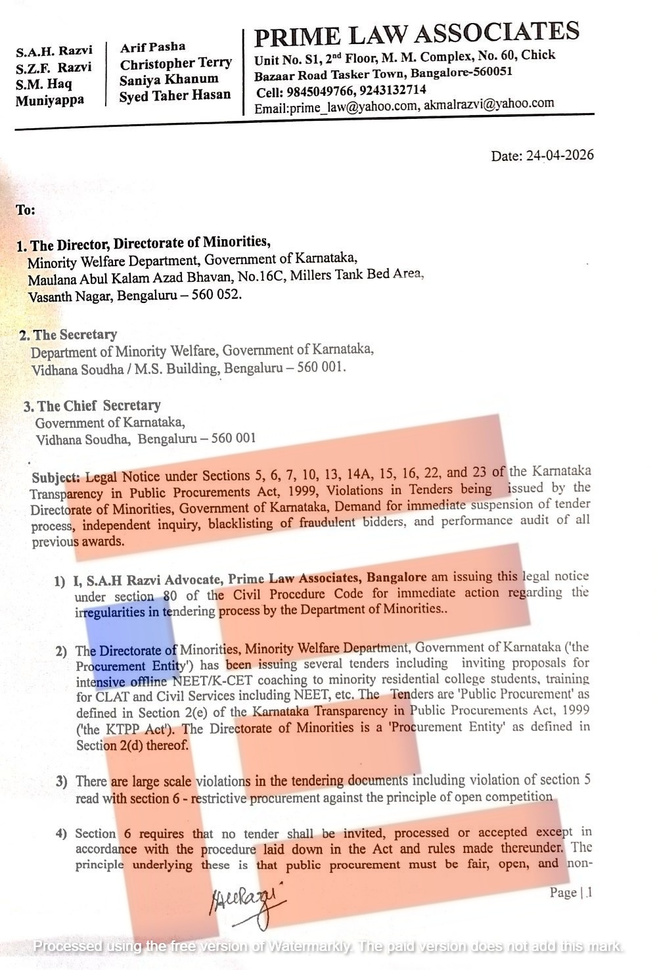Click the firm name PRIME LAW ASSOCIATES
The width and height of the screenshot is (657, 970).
(x=417, y=34)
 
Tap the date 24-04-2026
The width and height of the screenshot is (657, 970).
(x=559, y=155)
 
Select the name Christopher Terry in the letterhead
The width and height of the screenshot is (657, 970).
(x=175, y=64)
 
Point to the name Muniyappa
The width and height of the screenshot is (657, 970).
(x=50, y=101)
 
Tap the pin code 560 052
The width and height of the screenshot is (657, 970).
(x=216, y=294)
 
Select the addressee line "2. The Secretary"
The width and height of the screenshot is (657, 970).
(x=68, y=335)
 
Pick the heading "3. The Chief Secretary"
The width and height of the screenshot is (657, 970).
(x=92, y=406)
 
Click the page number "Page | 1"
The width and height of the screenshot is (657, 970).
(x=571, y=892)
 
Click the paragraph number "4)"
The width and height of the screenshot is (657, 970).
(x=62, y=834)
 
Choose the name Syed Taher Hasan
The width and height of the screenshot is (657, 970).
(x=175, y=96)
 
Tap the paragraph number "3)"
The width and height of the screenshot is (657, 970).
(x=62, y=782)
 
